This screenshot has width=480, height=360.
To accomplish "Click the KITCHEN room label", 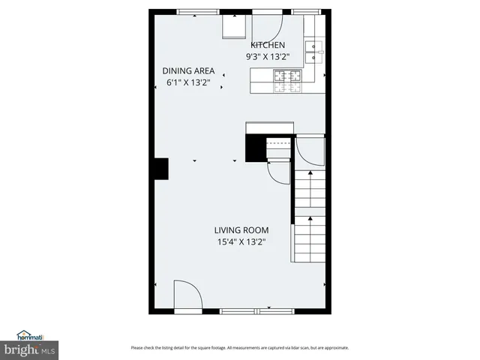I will [267, 45].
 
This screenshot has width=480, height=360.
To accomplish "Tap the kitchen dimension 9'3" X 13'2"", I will [267, 56].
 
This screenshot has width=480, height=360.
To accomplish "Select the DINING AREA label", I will [187, 71].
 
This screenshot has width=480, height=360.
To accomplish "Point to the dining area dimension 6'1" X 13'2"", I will [187, 82].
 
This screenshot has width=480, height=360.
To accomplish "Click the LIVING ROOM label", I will [241, 230].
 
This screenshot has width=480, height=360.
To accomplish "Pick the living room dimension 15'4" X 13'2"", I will [241, 241].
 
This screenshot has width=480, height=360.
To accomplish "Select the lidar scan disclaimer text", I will [240, 347].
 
